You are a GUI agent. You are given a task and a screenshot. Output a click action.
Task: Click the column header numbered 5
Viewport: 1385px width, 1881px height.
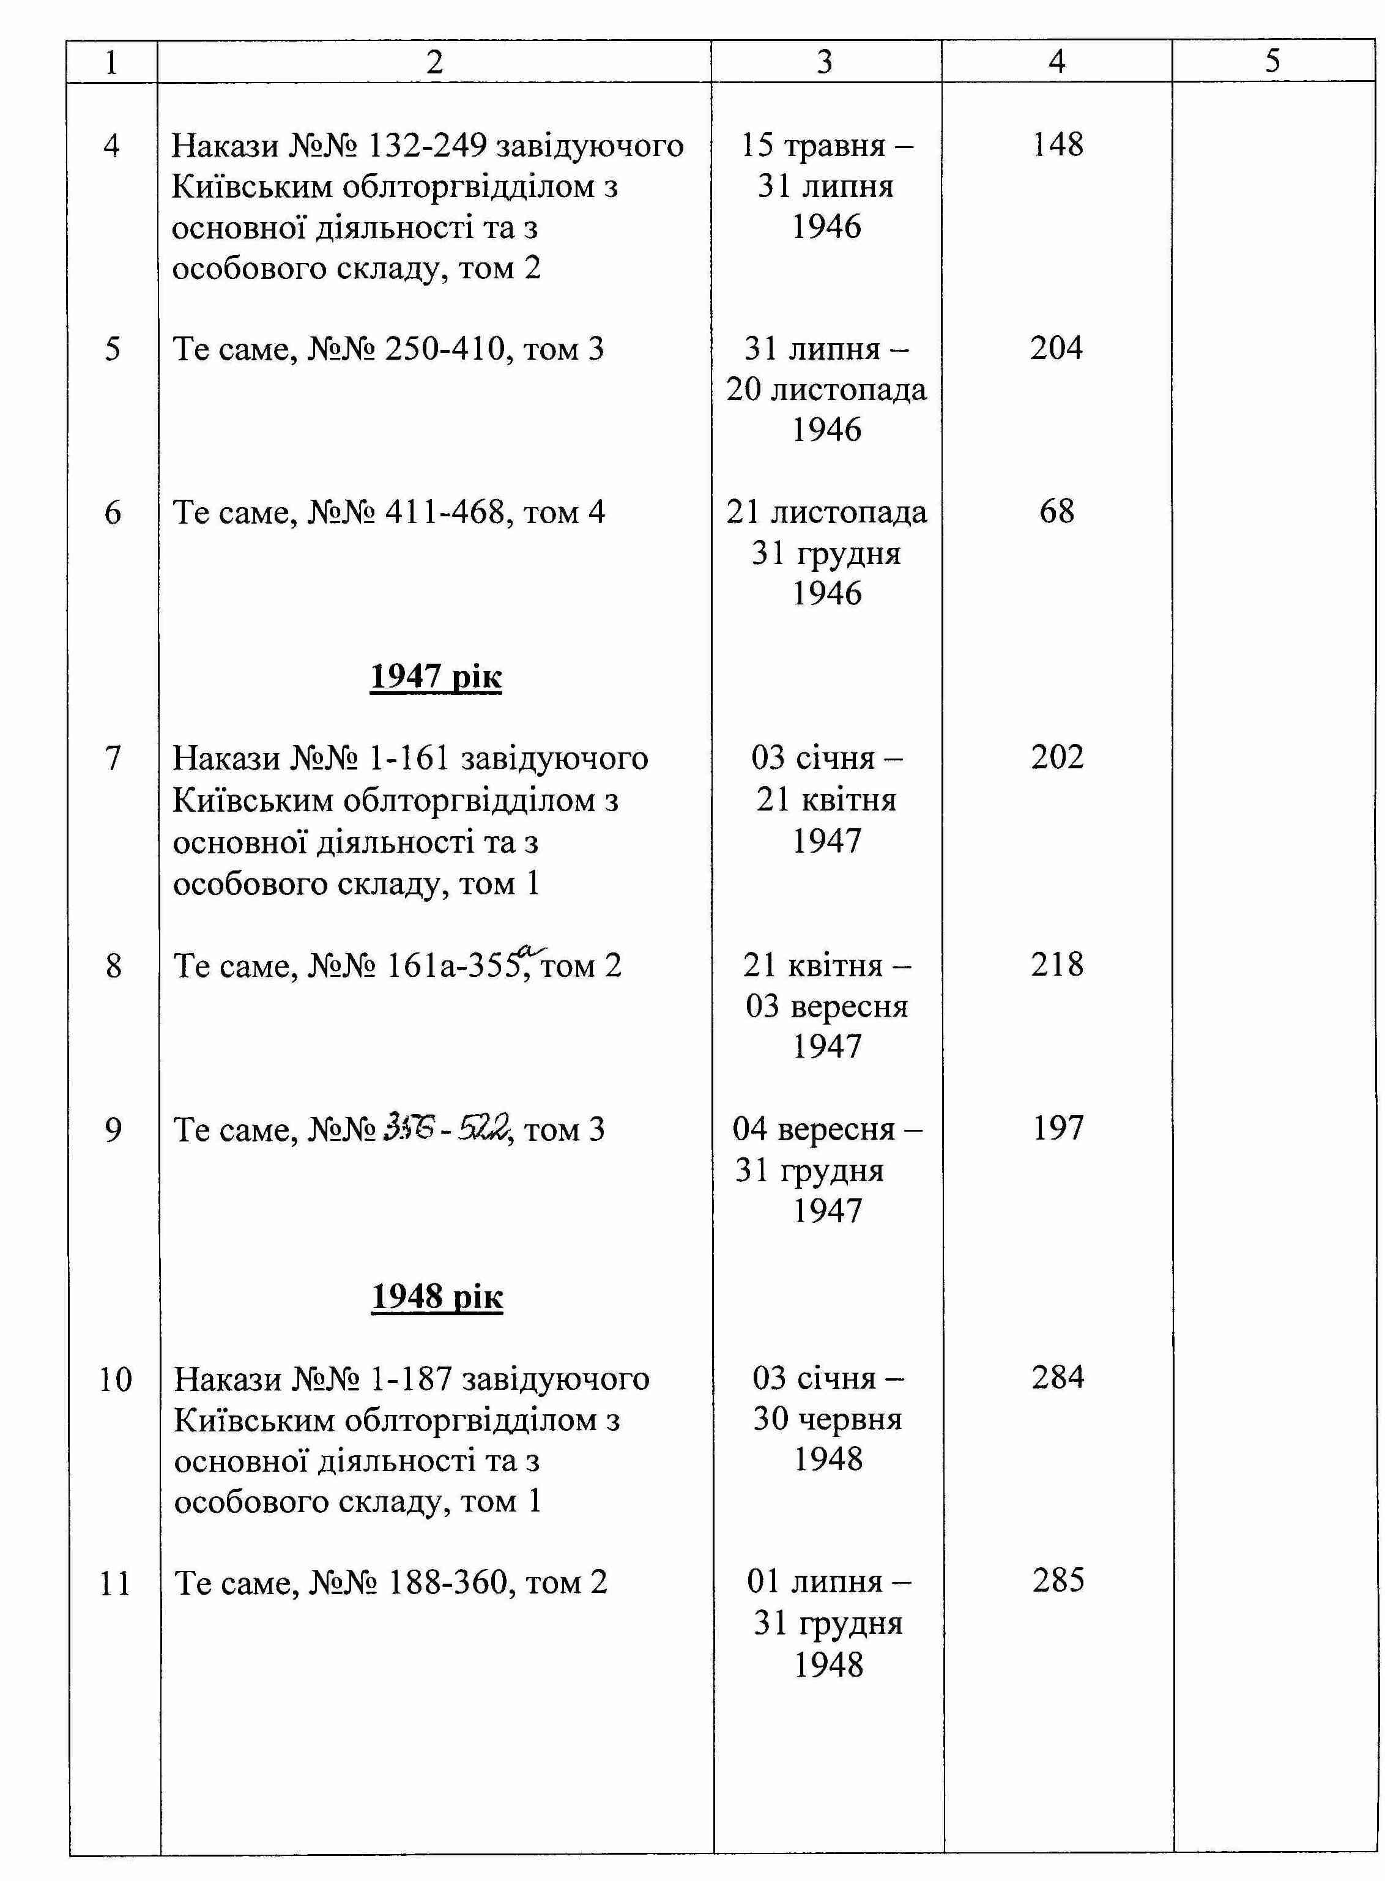(1272, 61)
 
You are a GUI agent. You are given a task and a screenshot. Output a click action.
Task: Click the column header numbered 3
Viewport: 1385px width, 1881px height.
(825, 61)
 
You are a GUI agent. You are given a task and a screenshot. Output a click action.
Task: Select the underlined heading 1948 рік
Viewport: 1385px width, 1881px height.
(436, 1296)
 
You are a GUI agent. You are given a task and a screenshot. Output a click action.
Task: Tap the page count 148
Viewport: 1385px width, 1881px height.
(1057, 144)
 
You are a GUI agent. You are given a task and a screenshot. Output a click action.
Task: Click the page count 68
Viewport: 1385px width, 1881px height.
(1056, 511)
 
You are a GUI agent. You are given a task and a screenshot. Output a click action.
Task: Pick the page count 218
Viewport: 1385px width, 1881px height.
(1057, 964)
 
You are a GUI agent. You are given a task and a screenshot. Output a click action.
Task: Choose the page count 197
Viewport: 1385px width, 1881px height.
(1057, 1127)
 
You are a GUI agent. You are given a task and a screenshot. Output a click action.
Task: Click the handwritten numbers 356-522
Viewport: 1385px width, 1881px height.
(446, 1129)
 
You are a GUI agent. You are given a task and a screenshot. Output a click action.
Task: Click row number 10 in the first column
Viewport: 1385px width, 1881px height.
(115, 1379)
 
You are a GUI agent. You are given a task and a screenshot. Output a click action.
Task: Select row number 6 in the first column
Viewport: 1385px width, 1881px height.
(113, 512)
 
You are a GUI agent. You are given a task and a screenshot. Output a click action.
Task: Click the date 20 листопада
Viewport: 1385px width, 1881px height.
(826, 389)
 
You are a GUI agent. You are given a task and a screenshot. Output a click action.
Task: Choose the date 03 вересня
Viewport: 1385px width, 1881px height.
(826, 1005)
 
